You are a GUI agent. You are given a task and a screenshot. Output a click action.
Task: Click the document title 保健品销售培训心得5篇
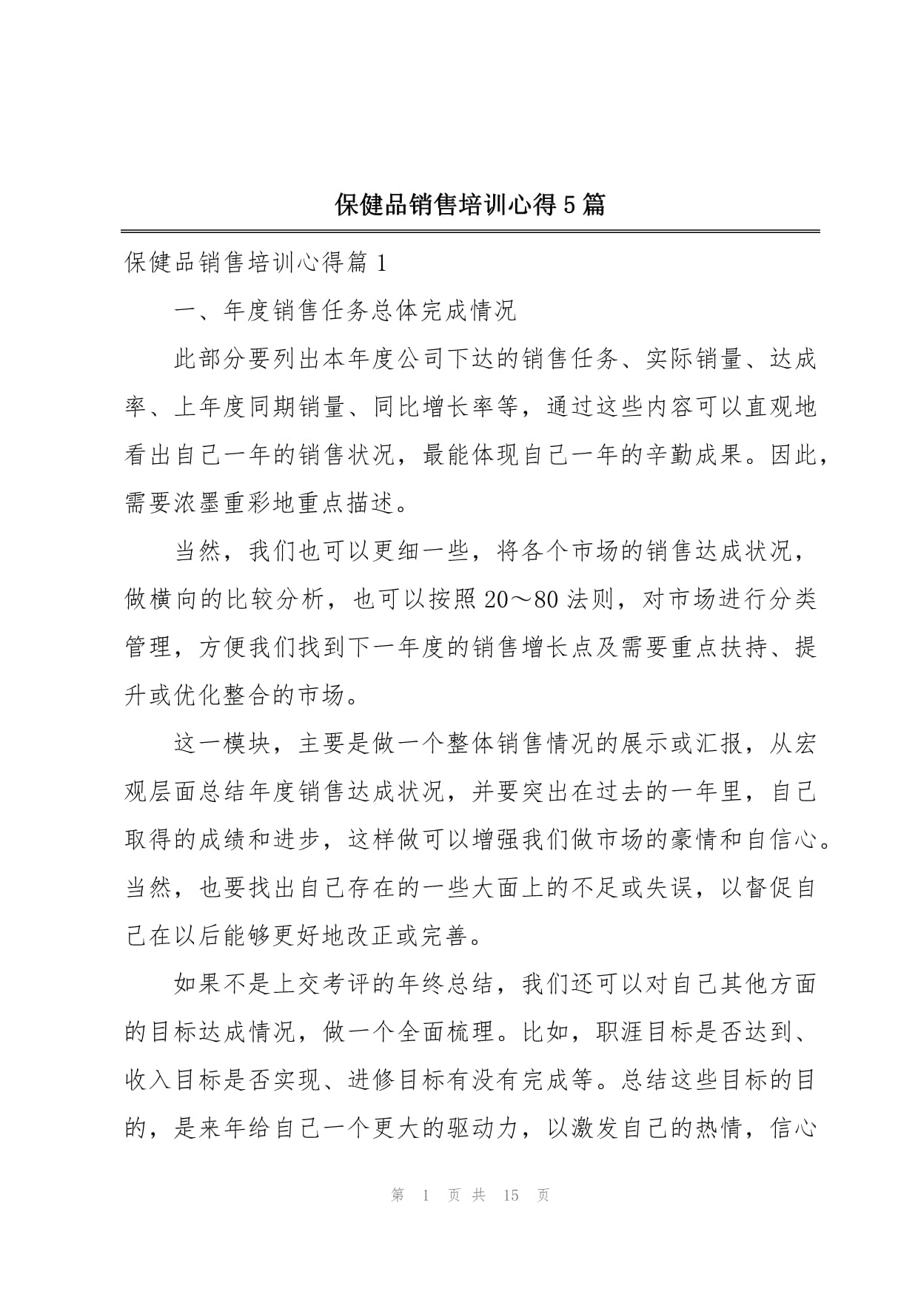coord(469,204)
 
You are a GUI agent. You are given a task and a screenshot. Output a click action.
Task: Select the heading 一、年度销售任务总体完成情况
coord(345,311)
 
